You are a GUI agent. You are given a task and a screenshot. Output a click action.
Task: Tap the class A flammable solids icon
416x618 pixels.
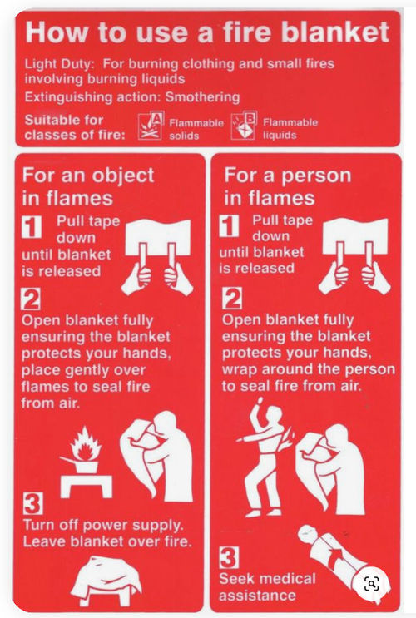151,126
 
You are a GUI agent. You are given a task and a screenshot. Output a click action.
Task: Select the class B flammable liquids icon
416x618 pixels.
244,126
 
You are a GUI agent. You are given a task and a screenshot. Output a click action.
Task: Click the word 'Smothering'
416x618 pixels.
202,97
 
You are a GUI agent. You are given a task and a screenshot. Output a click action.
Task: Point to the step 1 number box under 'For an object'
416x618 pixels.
32,226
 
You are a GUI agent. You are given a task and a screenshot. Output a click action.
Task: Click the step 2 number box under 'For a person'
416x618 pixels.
232,299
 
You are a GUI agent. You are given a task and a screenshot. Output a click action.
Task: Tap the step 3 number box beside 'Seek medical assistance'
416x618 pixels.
229,557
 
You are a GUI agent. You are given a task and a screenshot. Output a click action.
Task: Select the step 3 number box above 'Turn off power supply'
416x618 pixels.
32,503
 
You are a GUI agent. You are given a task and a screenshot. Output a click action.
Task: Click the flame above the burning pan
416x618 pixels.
85,443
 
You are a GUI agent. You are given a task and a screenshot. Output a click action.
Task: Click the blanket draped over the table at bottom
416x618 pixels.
105,581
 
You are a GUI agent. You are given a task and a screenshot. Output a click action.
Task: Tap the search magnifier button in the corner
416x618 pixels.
372,584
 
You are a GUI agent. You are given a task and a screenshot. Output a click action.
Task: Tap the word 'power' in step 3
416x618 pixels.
106,526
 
